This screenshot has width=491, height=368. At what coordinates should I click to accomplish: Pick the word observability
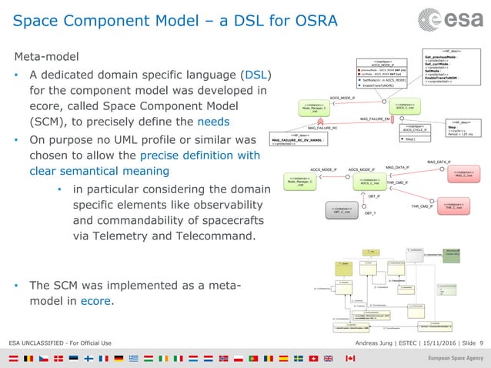pyautogui.click(x=233, y=205)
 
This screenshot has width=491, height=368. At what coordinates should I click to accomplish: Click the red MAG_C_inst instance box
pyautogui.click(x=463, y=176)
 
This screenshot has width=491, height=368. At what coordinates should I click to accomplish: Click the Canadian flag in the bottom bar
pyautogui.click(x=350, y=359)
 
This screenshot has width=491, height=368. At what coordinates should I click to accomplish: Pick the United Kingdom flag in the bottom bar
pyautogui.click(x=329, y=359)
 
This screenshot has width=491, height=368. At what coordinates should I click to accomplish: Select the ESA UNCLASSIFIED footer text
pyautogui.click(x=60, y=342)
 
